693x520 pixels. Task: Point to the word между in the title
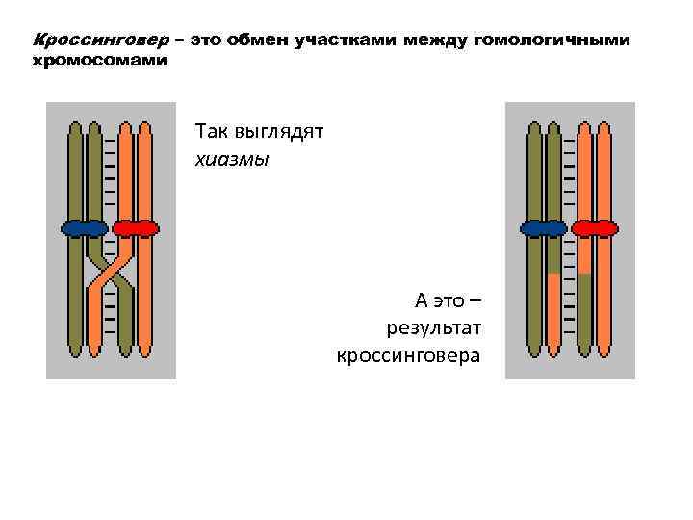437,40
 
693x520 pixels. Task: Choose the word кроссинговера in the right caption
409,355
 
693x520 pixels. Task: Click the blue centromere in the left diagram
85,228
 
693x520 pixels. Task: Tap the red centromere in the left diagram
135,228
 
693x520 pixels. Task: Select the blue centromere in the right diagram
544,228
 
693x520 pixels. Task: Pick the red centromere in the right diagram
594,228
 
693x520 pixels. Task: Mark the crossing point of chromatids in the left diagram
110,272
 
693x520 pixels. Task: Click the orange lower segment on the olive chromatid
554,308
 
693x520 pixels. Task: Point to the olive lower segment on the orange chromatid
584,308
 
